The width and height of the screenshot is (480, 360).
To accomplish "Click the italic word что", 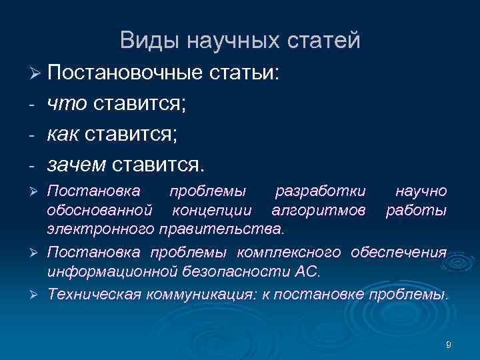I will pyautogui.click(x=67, y=103).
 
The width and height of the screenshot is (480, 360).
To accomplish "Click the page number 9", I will pyautogui.click(x=448, y=345).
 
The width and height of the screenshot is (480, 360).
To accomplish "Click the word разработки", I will pyautogui.click(x=321, y=191).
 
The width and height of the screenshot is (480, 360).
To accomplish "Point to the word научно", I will pyautogui.click(x=421, y=191).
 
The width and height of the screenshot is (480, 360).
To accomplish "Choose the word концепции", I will pyautogui.click(x=211, y=211).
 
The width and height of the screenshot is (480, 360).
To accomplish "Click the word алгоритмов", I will pyautogui.click(x=319, y=211).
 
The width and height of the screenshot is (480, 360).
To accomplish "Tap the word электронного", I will pyautogui.click(x=101, y=230).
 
